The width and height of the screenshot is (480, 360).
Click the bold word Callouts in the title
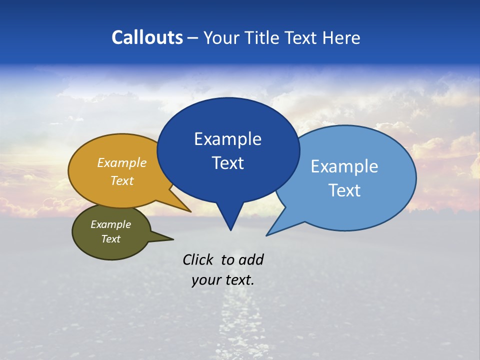pos(147,37)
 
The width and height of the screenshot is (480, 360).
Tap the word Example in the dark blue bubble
pos(227,139)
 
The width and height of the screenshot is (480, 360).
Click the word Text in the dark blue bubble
pos(227,163)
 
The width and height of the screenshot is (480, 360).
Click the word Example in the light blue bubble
pos(344,166)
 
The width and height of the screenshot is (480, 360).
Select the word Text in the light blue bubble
pos(344,190)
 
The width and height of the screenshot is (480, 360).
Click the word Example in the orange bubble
pos(121,163)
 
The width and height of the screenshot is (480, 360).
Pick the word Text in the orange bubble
pos(121,180)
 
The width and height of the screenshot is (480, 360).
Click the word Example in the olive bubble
pos(110,224)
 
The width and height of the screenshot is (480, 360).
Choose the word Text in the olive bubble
pos(110,239)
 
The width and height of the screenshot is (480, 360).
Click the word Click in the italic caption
pos(198,259)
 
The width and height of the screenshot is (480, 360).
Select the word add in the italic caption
pos(250,259)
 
